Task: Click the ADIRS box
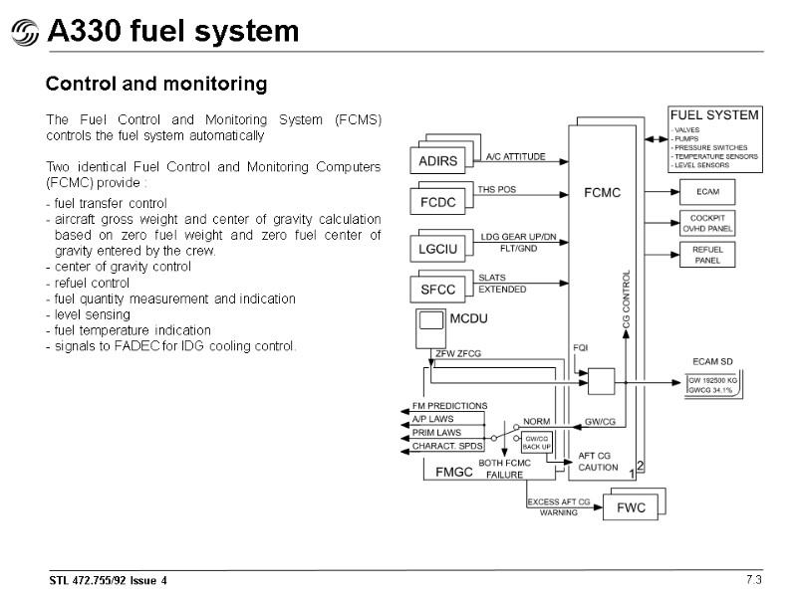point(438,160)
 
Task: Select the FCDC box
point(438,203)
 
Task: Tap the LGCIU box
point(438,247)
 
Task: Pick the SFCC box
point(438,291)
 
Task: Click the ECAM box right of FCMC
point(707,190)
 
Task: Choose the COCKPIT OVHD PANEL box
point(707,223)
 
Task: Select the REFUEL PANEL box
point(707,255)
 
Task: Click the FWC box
point(632,507)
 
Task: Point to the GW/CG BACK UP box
point(536,443)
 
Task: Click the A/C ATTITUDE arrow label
point(515,157)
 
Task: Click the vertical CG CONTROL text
point(627,298)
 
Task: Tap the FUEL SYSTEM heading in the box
point(713,114)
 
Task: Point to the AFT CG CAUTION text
point(599,461)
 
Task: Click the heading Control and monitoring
point(156,85)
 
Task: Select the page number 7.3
point(753,580)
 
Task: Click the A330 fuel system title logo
point(23,34)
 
